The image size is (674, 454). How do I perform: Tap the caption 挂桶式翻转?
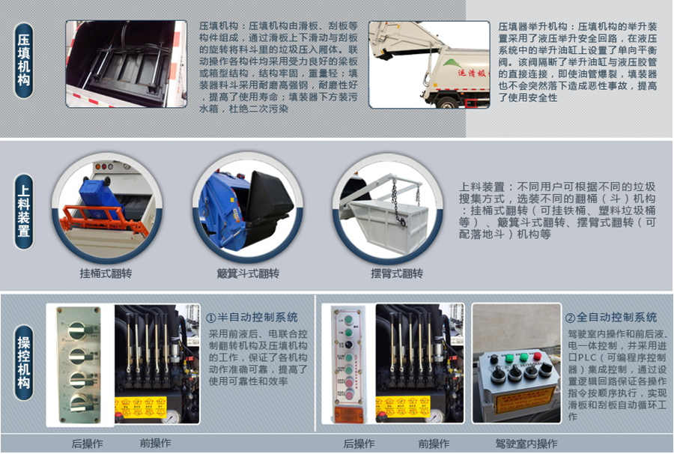pyautogui.click(x=106, y=273)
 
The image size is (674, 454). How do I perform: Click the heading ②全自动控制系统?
pyautogui.click(x=610, y=318)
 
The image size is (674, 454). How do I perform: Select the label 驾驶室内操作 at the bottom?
pyautogui.click(x=526, y=444)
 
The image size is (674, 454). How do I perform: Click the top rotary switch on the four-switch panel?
pyautogui.click(x=77, y=328)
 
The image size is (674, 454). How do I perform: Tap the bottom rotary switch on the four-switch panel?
pyautogui.click(x=77, y=402)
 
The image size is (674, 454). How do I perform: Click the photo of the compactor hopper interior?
pyautogui.click(x=126, y=64)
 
